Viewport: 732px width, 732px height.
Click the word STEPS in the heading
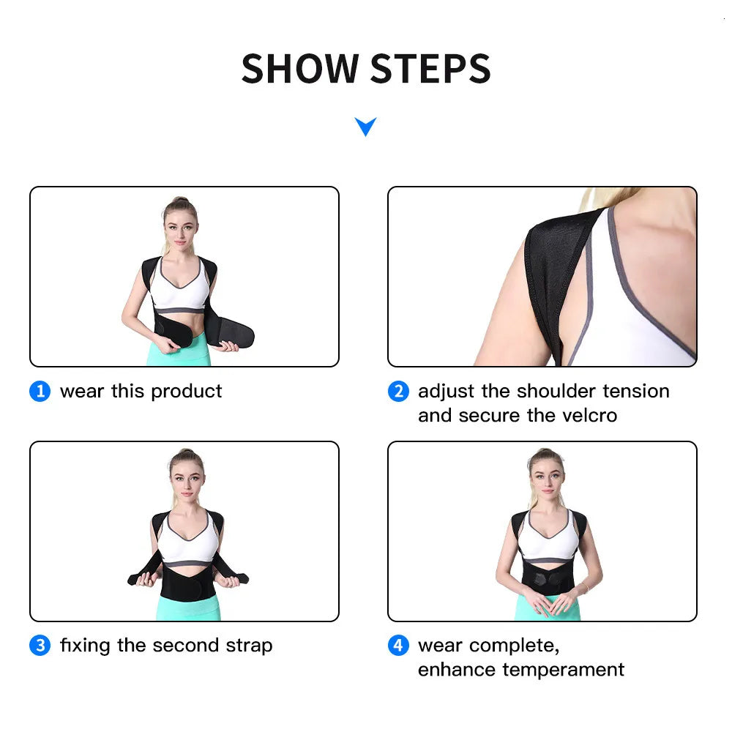[430, 69]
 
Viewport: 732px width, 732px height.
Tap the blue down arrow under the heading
[365, 127]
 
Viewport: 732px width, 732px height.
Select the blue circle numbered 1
[40, 392]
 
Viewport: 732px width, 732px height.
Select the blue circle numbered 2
[397, 392]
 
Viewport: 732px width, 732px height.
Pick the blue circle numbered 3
[40, 646]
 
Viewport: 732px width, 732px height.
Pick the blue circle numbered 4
[397, 646]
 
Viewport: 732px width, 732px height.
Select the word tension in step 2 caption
[635, 392]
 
